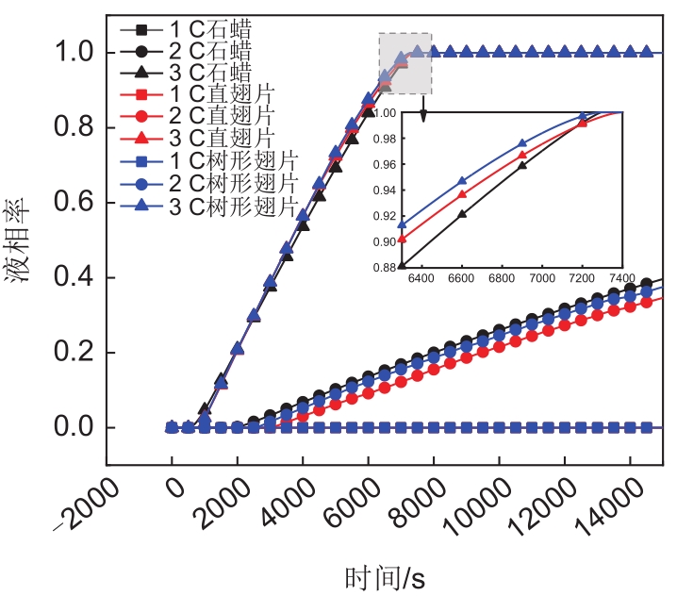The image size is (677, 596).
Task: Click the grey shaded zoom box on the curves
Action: point(405,62)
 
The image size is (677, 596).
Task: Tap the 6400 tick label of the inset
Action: point(420,280)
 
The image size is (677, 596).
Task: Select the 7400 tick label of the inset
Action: point(622,280)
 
